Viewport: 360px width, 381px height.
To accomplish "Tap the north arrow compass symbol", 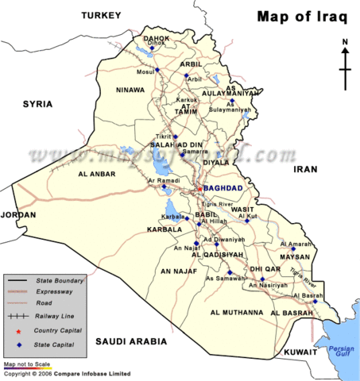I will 345,65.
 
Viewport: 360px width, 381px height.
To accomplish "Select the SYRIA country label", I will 37,104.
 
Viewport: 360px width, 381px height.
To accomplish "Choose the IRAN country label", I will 305,169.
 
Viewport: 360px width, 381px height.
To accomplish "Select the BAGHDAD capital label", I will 223,187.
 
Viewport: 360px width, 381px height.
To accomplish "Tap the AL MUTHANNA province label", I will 236,313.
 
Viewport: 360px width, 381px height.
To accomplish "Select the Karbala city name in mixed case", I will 174,216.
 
